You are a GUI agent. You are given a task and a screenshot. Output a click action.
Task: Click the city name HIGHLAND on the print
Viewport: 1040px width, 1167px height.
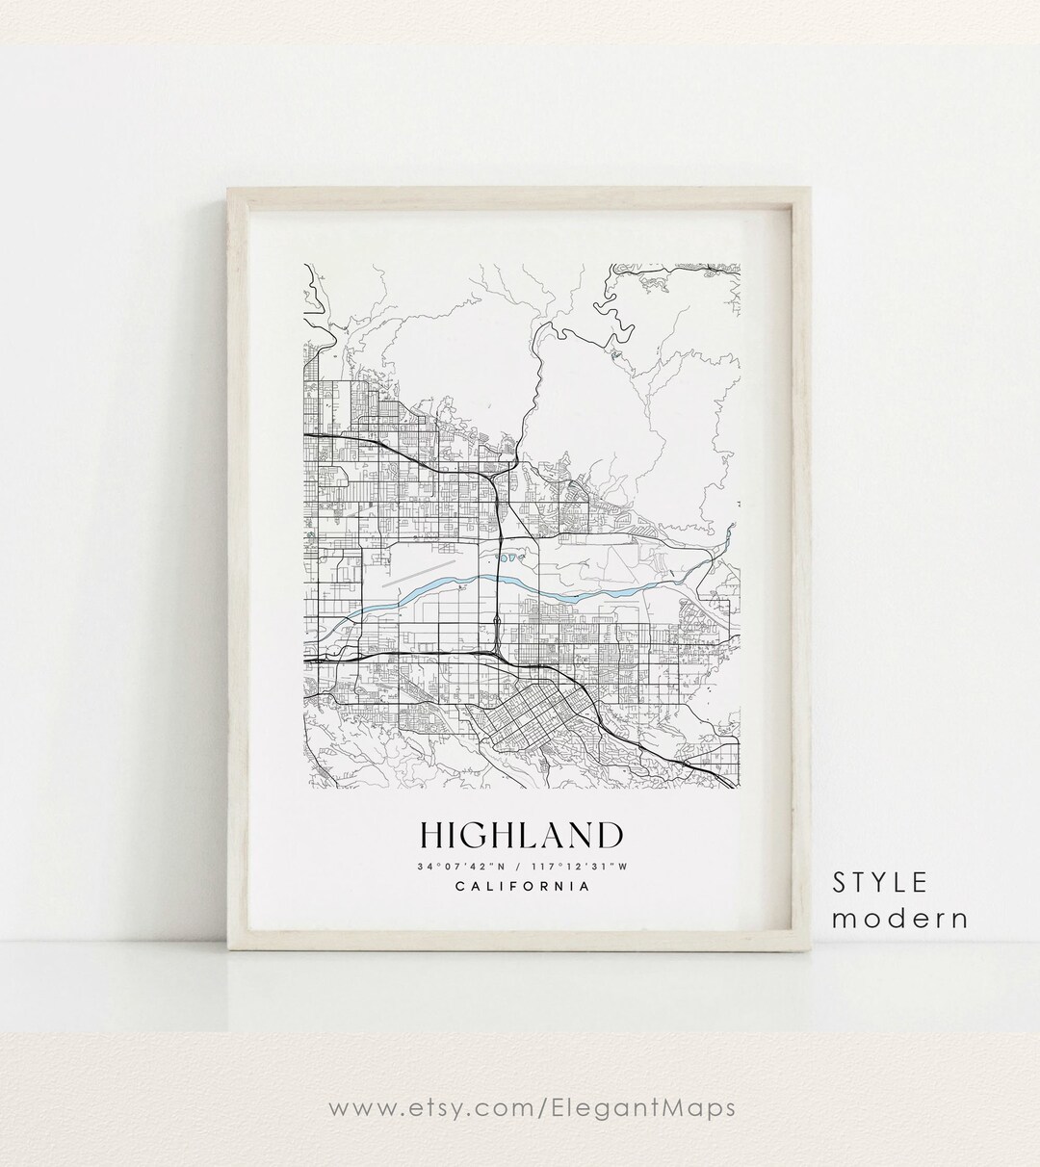520,835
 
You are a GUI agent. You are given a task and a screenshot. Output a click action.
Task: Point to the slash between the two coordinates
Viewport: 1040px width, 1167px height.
519,867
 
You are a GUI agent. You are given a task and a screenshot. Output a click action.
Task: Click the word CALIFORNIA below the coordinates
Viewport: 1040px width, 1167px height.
520,887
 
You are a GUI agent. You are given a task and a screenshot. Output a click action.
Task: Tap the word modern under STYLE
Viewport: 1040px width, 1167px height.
899,918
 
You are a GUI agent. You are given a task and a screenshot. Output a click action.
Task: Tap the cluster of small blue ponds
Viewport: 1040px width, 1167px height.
510,557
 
